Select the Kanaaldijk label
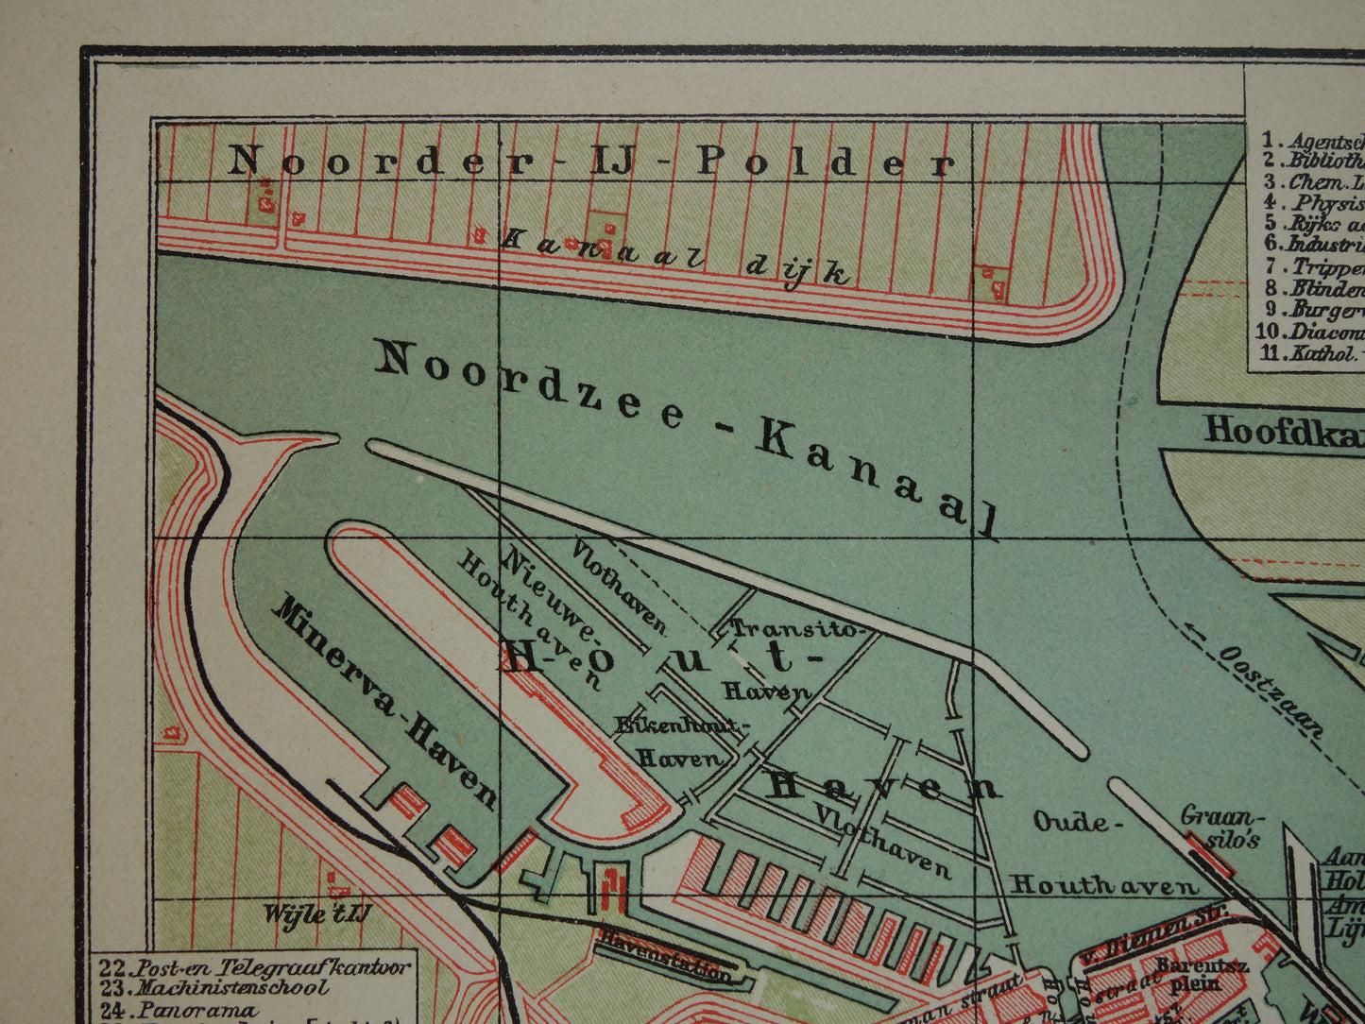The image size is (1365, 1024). point(676,255)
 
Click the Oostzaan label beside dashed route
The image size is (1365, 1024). point(1270,691)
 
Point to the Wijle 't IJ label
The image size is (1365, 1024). point(317,914)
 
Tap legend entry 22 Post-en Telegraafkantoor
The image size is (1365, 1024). point(256,967)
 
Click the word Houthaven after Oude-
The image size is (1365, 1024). point(1103,885)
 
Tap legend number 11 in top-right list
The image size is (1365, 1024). point(1268,355)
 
